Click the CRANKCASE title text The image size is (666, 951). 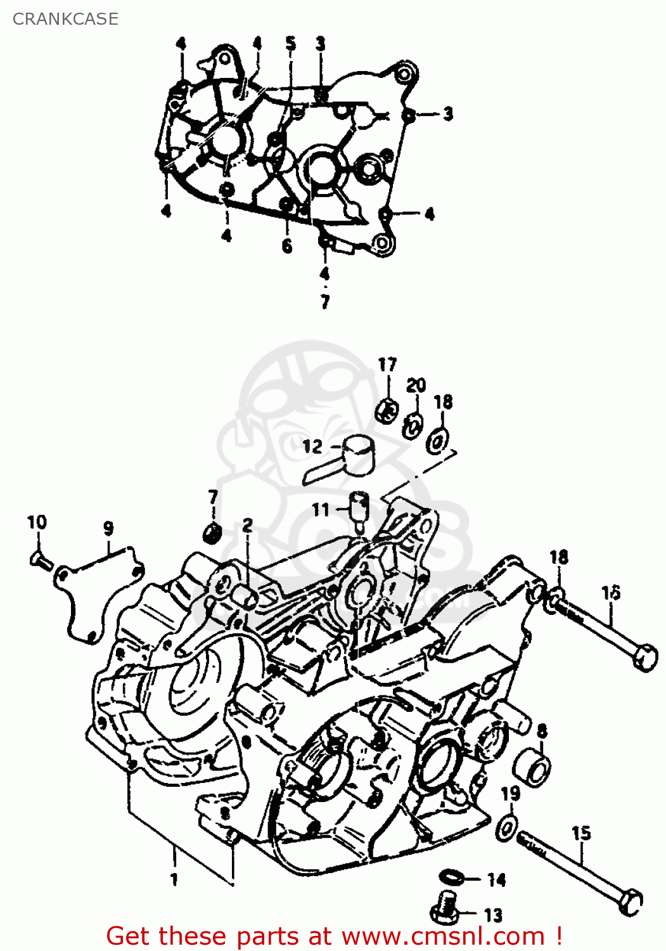65,19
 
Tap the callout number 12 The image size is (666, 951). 312,446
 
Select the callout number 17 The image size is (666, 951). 387,365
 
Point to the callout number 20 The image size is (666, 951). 416,385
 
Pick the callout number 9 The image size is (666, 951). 108,527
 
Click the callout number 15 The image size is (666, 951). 581,833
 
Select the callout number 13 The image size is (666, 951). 492,915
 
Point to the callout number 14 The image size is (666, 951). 496,879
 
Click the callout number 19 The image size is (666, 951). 510,794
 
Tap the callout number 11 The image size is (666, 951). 321,509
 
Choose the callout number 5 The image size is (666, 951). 290,43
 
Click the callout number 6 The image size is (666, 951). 287,245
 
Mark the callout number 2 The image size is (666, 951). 247,525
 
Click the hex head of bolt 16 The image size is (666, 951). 645,657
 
